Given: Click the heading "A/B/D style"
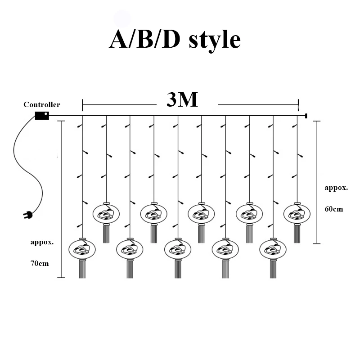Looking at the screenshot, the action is [175, 40].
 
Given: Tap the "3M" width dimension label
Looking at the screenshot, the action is [182, 100].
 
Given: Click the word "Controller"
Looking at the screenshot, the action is [41, 105].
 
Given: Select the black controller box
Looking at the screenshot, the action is [42, 116].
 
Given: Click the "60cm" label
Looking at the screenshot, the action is [333, 209].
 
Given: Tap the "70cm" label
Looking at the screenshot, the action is [40, 263].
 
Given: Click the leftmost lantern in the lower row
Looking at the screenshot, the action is [82, 249].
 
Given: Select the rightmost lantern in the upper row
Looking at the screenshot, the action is [297, 214].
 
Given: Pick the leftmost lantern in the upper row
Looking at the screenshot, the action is [107, 214].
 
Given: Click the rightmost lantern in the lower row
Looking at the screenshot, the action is [273, 249].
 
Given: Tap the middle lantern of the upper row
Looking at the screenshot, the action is [201, 214].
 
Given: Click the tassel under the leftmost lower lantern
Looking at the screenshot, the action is [82, 269].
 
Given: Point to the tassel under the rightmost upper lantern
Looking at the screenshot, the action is [297, 234].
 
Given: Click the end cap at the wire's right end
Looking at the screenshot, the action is [306, 116].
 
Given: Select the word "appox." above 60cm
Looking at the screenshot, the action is [336, 188].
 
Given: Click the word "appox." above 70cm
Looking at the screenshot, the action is [42, 242].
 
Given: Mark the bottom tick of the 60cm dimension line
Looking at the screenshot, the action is [318, 243].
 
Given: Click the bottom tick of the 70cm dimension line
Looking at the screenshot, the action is [61, 277].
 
